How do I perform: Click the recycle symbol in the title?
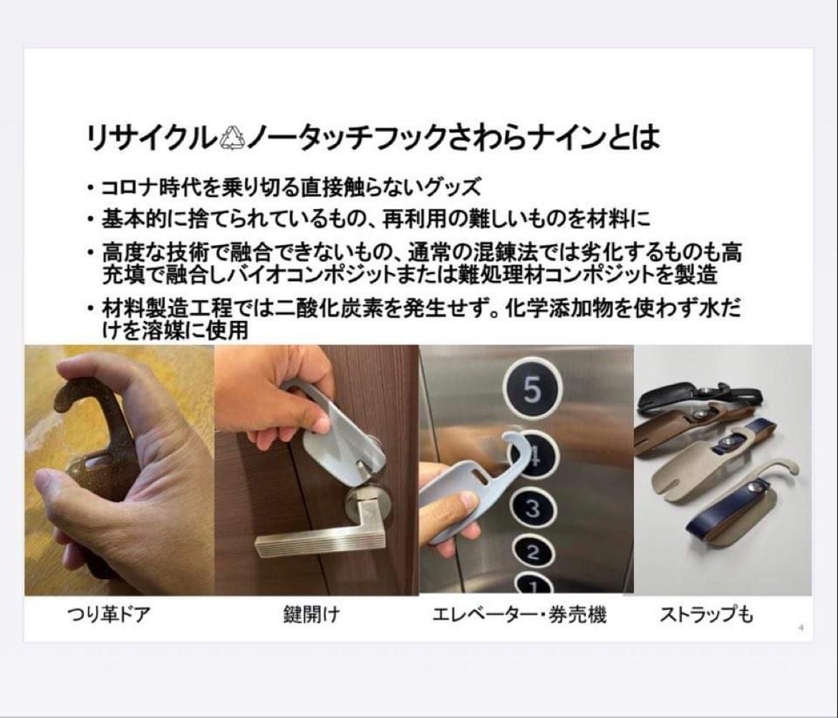(x=233, y=138)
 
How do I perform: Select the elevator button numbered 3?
(x=532, y=508)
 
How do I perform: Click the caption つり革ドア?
(x=108, y=614)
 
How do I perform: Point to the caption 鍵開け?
(x=312, y=614)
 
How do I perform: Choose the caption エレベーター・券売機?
(x=519, y=615)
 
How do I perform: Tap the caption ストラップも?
(x=706, y=615)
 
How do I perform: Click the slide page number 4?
(x=801, y=628)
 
